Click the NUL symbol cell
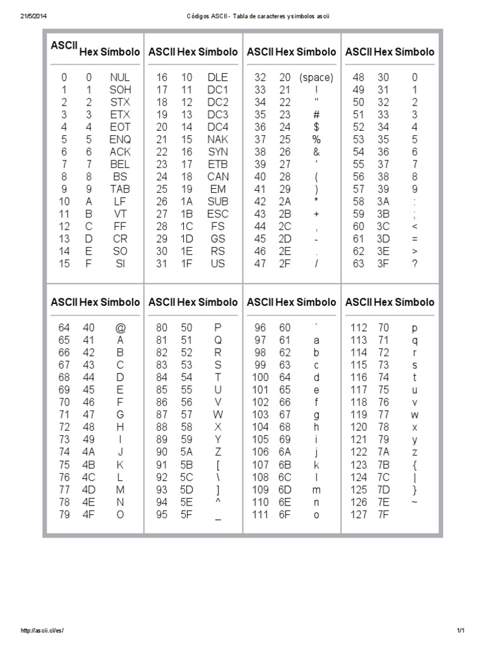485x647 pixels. [119, 78]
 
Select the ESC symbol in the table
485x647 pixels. [218, 214]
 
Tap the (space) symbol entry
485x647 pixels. [316, 78]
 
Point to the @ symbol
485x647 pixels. [120, 328]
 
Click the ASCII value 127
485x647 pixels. [358, 514]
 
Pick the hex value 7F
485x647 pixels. [383, 514]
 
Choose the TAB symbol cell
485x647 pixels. [120, 189]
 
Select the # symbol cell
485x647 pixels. [316, 115]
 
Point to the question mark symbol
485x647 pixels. [415, 264]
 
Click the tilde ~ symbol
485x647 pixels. [414, 502]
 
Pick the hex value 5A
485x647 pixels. [187, 452]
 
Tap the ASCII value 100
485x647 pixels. [260, 378]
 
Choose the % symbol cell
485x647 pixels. [316, 140]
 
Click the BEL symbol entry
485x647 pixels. [120, 164]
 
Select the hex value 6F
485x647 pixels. [285, 514]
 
